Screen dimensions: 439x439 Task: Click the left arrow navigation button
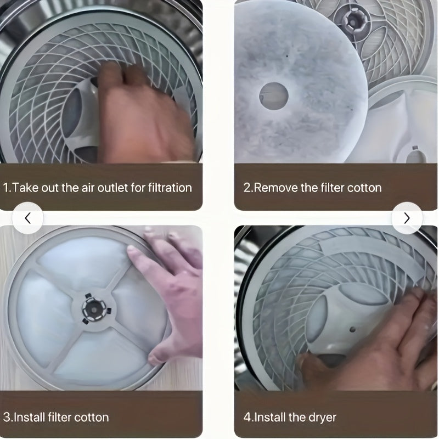point(27,218)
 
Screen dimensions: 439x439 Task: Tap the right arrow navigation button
point(407,218)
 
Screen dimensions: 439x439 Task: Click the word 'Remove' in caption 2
point(276,188)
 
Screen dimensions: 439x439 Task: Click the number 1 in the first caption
point(5,188)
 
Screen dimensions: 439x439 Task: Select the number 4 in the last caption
point(247,417)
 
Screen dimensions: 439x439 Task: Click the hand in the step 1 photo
point(143,115)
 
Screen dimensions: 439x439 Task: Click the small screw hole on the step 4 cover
point(352,330)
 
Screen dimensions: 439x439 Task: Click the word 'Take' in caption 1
point(24,188)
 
